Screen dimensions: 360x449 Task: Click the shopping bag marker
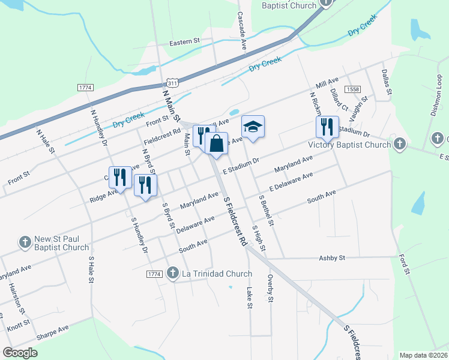[216, 144]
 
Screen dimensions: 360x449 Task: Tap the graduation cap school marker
[253, 127]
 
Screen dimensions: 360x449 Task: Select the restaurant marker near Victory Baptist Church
[325, 127]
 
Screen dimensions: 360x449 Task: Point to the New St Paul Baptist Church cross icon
[25, 242]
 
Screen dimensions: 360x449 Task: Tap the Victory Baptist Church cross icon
[399, 144]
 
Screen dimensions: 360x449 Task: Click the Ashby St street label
[333, 258]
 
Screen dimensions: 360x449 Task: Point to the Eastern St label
[184, 42]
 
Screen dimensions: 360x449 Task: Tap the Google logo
[20, 353]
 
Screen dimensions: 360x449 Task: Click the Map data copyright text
[423, 355]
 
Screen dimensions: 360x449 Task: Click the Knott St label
[19, 325]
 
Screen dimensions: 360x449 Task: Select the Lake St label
[249, 298]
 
